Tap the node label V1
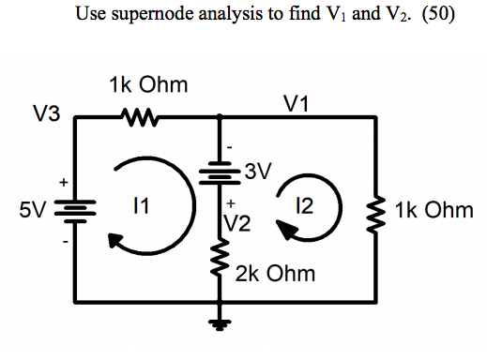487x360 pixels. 298,104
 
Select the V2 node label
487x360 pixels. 237,223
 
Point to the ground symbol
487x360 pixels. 219,325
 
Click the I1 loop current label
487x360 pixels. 139,204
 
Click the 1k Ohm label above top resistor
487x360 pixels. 148,85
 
